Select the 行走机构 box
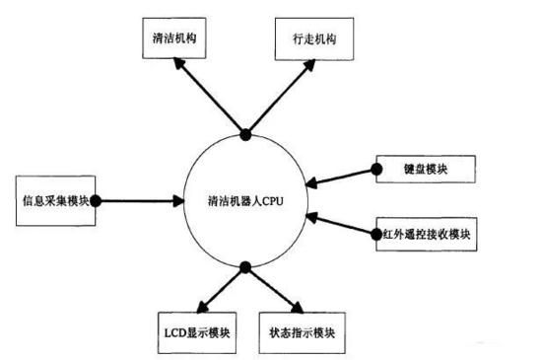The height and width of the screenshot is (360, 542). pos(306,40)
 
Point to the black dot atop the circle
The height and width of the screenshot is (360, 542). pos(244,133)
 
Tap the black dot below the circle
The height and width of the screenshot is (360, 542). pos(243,265)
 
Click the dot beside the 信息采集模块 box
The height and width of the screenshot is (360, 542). pos(96,200)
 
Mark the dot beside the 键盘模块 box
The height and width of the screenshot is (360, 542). pos(375,170)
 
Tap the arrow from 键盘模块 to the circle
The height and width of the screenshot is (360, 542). pos(340,177)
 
